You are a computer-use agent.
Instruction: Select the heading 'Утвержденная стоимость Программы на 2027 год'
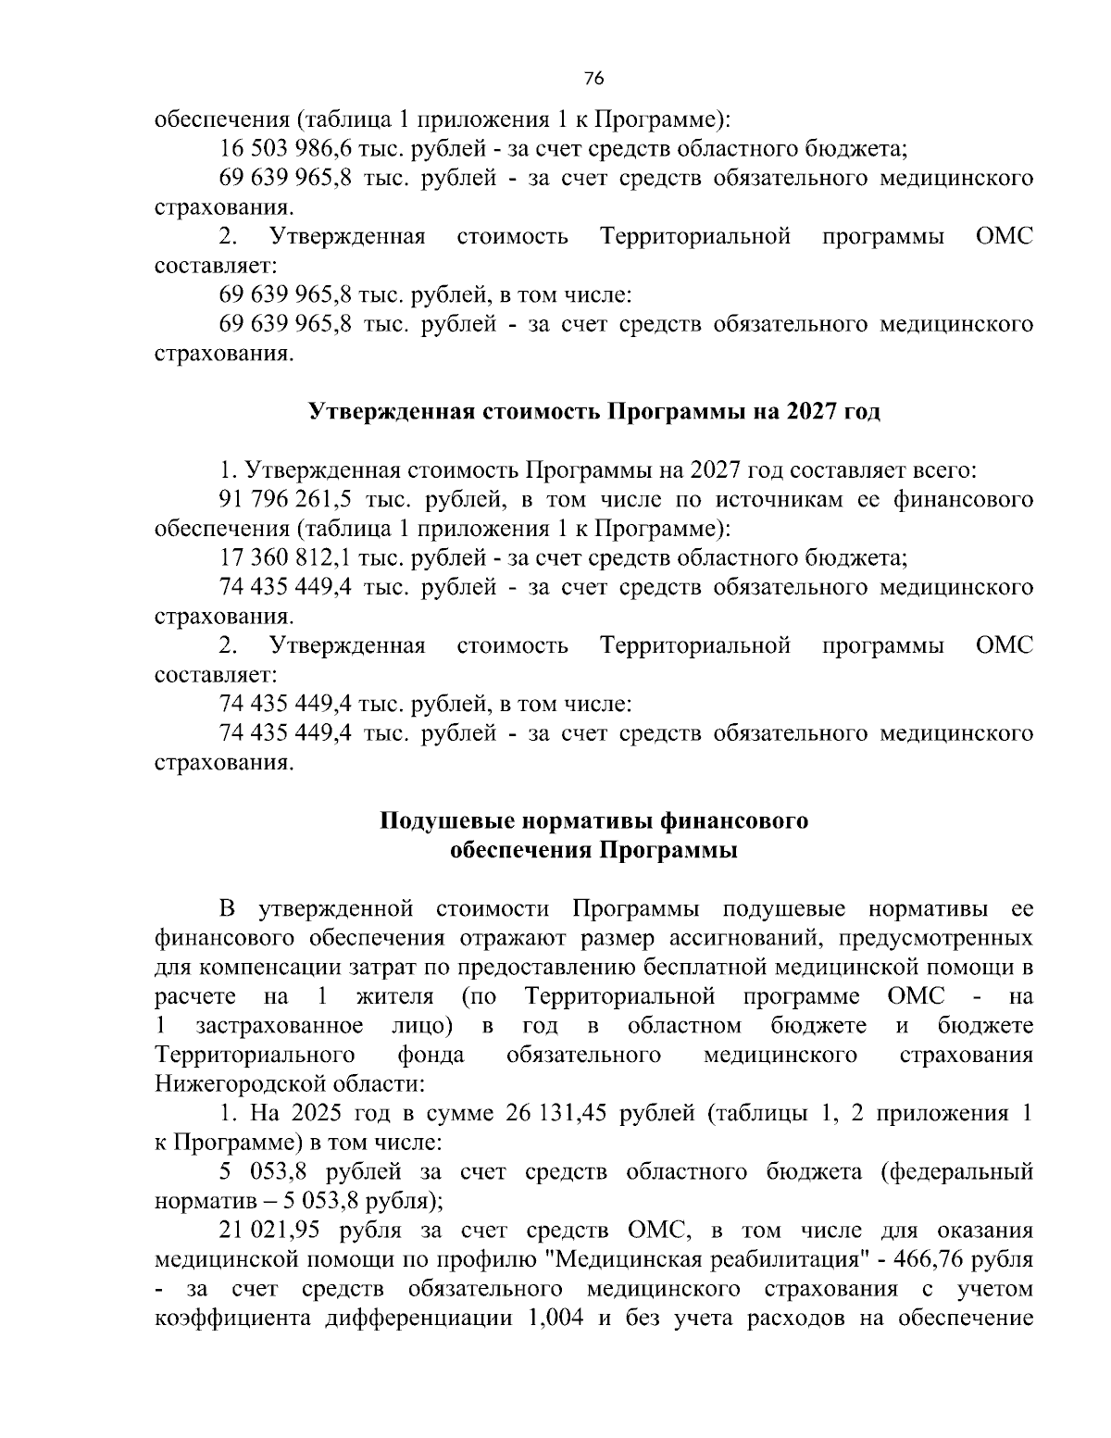(x=593, y=411)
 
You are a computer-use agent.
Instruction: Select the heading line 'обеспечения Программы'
(x=593, y=850)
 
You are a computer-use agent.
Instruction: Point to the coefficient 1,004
(x=554, y=1319)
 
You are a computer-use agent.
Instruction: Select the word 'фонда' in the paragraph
(x=431, y=1055)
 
